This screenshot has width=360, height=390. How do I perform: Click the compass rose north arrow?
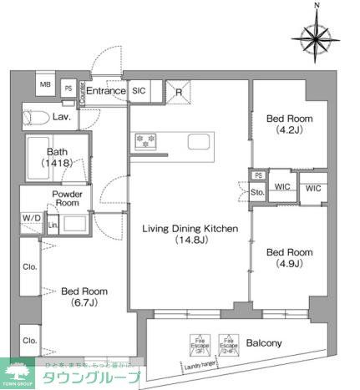pyautogui.click(x=317, y=35)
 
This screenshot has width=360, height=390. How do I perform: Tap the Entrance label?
pyautogui.click(x=105, y=91)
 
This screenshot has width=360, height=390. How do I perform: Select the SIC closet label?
pyautogui.click(x=139, y=91)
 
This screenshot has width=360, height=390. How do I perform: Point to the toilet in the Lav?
pyautogui.click(x=35, y=118)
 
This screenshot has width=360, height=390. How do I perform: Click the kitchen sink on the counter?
pyautogui.click(x=198, y=141)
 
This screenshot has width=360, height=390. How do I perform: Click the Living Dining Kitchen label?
pyautogui.click(x=190, y=234)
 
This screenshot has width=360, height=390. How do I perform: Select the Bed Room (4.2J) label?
pyautogui.click(x=289, y=124)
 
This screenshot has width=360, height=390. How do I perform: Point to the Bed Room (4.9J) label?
pyautogui.click(x=289, y=257)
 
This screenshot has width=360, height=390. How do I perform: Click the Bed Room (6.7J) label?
pyautogui.click(x=84, y=297)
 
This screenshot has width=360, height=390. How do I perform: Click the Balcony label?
pyautogui.click(x=264, y=342)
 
